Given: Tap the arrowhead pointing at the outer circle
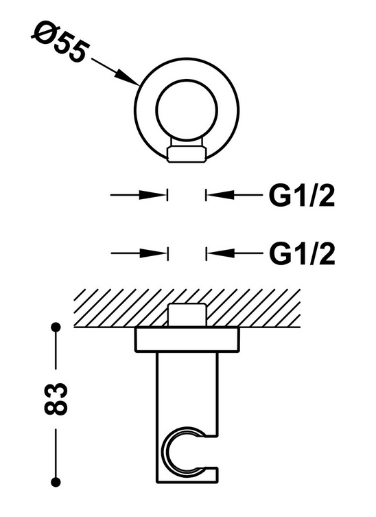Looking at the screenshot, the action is coord(128,78).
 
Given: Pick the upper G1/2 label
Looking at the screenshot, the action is coord(302,196).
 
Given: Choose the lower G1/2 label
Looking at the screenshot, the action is coord(302,253).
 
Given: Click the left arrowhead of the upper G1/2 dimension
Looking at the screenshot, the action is coord(152,195).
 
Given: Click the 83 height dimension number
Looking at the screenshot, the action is coord(55,399).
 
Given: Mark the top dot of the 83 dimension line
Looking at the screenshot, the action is coord(56,327).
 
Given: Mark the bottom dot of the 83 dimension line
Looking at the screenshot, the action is coord(56,482).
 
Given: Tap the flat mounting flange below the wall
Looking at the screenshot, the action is coord(187,340).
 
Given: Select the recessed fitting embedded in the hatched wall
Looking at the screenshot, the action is coord(187,315).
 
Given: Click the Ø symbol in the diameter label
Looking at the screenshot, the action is coord(42,31).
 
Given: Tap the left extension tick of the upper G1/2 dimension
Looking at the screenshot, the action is coord(167,195).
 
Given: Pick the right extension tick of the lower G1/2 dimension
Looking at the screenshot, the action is coord(207,253).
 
